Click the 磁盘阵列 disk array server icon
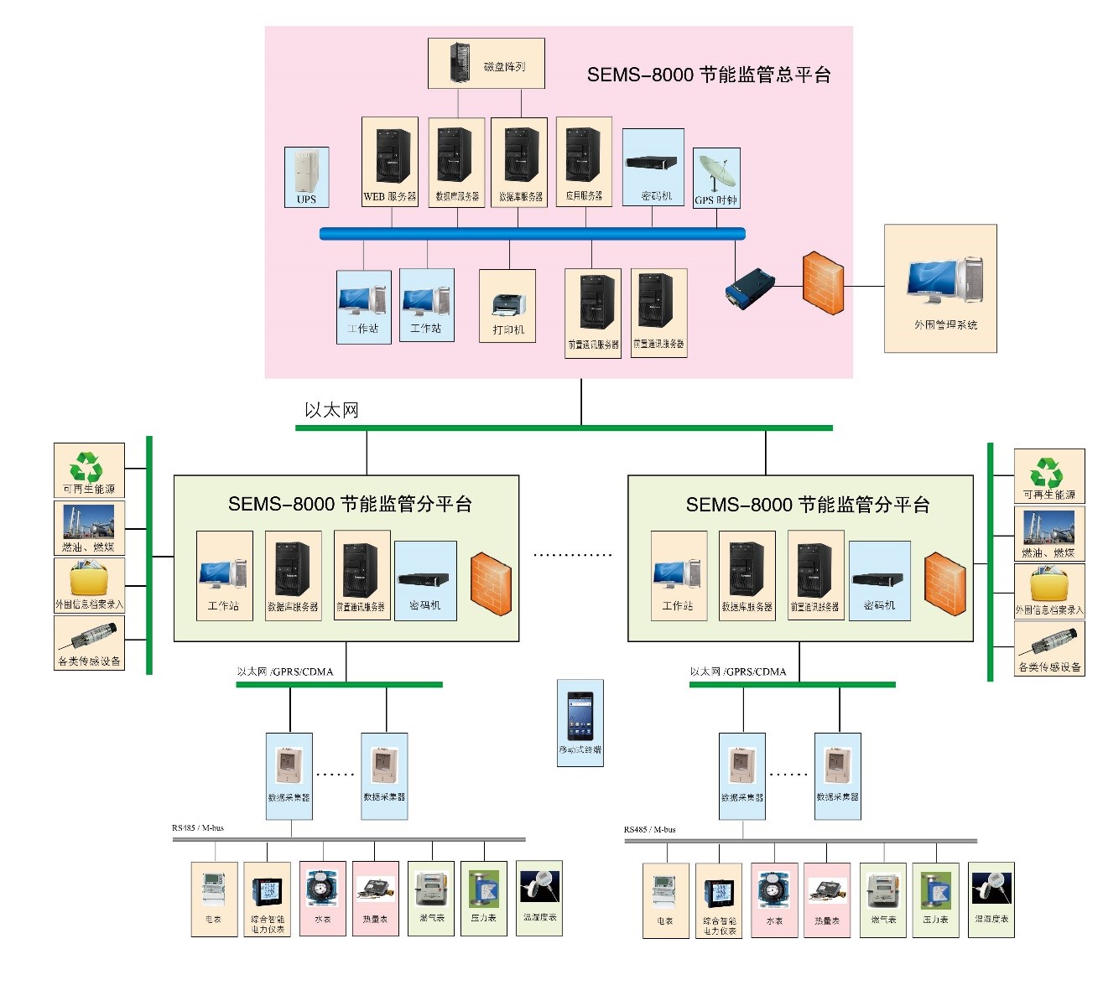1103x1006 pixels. [x=459, y=62]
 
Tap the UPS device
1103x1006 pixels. [x=306, y=172]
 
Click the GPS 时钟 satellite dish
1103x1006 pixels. [x=717, y=174]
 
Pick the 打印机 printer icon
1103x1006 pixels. [x=508, y=305]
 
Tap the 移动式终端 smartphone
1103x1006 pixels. [x=580, y=715]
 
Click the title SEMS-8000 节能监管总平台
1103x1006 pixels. [x=709, y=75]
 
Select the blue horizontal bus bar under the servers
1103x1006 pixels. [x=532, y=234]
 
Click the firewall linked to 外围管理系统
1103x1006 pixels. [x=823, y=283]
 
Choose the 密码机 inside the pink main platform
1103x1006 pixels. [x=652, y=163]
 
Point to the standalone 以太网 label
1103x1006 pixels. [x=331, y=410]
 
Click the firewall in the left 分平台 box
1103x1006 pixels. [x=491, y=583]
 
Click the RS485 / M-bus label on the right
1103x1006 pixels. [x=649, y=829]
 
